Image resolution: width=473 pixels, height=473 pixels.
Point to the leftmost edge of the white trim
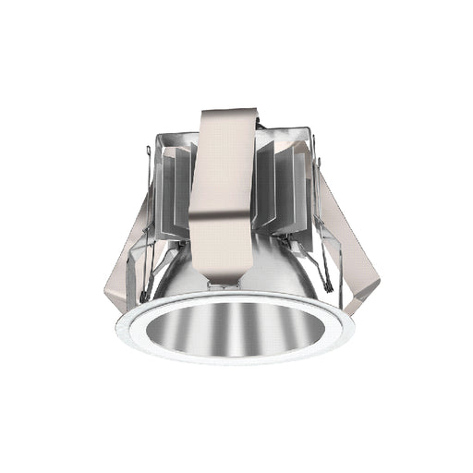(x=119, y=328)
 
